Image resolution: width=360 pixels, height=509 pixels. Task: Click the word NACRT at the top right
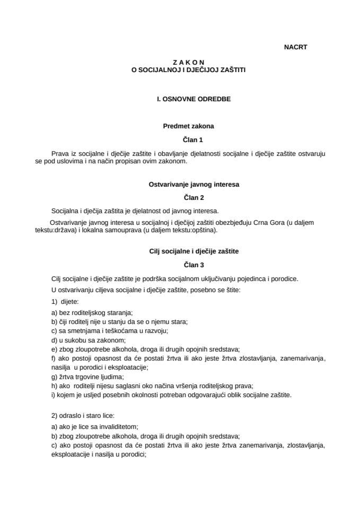click(295, 47)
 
